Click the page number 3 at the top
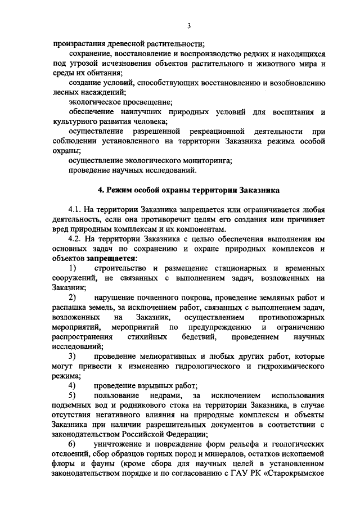[190, 25]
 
